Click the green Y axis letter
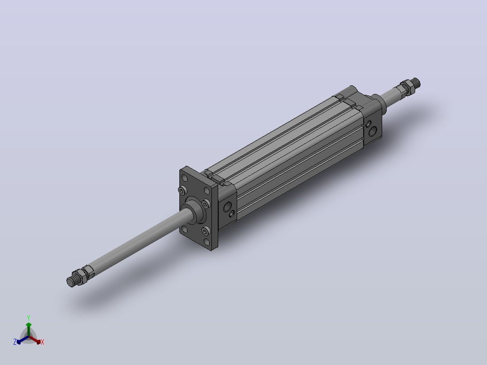pyautogui.click(x=28, y=318)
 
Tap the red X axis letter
pyautogui.click(x=42, y=342)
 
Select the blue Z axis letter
pyautogui.click(x=15, y=342)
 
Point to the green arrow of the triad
pyautogui.click(x=28, y=329)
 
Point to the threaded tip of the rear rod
pyautogui.click(x=416, y=82)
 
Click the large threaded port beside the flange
pyautogui.click(x=227, y=206)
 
